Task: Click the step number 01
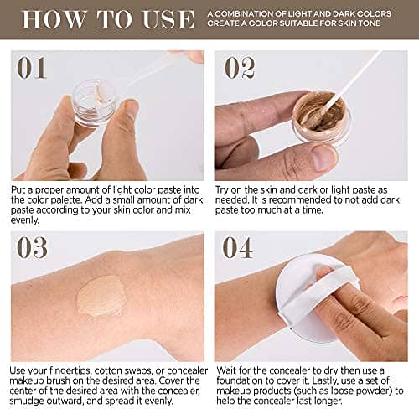(31, 67)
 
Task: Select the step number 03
(31, 251)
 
